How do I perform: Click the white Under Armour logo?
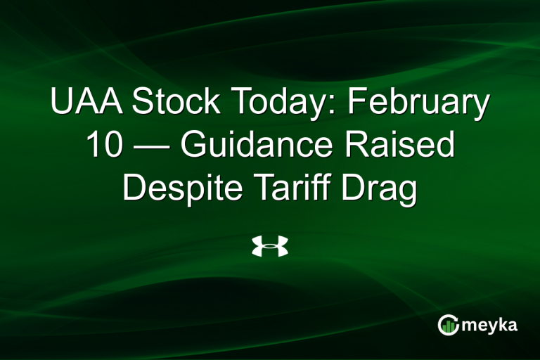(x=270, y=247)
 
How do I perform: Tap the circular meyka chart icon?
(x=449, y=324)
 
